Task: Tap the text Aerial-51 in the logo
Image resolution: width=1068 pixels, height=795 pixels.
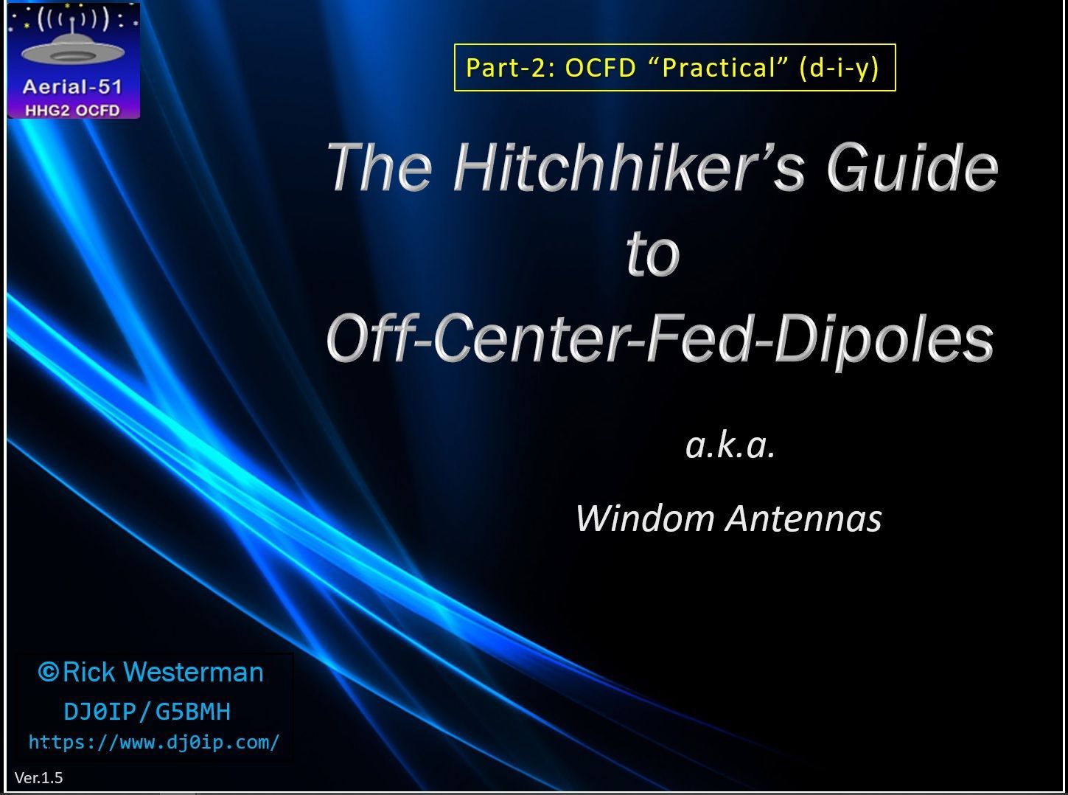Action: tap(72, 87)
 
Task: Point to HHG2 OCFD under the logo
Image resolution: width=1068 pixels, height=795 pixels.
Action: tap(72, 111)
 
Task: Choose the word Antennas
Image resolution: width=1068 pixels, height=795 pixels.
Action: tap(803, 518)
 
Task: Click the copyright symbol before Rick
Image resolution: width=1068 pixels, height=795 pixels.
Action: tap(48, 671)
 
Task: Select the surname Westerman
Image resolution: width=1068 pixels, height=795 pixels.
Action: tap(195, 672)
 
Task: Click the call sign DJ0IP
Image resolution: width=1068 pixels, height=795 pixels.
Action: tap(100, 712)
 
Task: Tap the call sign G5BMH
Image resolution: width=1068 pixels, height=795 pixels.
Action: tap(193, 712)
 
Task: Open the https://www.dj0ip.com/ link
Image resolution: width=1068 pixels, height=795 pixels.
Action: tap(154, 743)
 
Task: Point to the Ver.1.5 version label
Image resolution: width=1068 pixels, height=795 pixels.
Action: tap(38, 777)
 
